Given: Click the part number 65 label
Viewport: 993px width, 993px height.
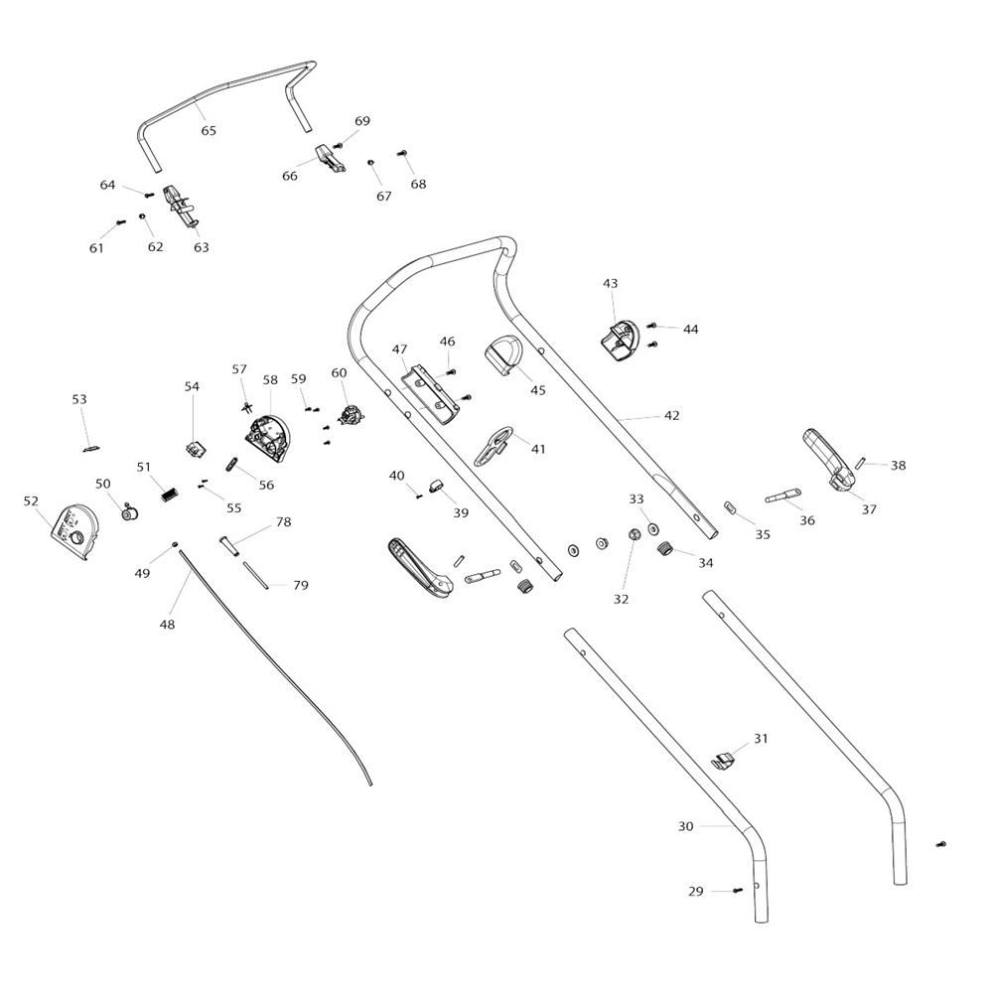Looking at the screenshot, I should [209, 131].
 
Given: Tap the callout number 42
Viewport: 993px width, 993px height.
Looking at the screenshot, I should [672, 415].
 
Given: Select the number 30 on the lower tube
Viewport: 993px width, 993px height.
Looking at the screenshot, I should [686, 826].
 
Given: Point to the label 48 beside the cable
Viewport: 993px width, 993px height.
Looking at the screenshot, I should [167, 625].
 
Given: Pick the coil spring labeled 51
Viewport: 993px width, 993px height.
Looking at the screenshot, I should [170, 491].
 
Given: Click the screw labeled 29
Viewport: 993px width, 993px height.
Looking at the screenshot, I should [738, 891].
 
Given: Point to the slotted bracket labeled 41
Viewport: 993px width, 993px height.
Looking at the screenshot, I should [494, 445].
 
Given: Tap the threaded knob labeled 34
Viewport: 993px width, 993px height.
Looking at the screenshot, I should [667, 548].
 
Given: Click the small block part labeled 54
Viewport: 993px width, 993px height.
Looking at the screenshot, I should [195, 446].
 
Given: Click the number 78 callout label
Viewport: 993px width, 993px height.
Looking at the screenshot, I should [283, 522].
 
